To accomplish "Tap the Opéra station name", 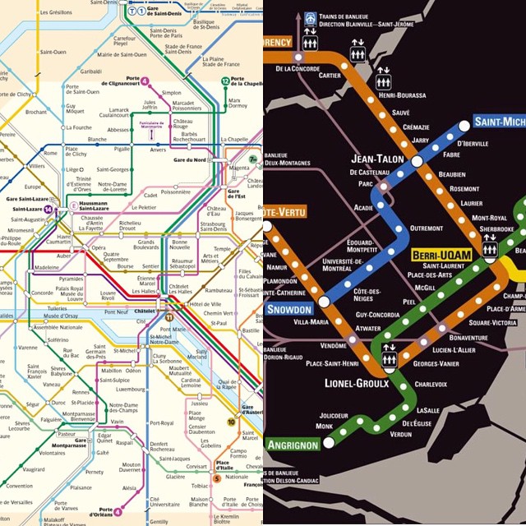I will pyautogui.click(x=98, y=247).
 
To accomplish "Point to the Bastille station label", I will pyautogui.click(x=250, y=330).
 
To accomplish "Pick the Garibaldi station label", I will pyautogui.click(x=69, y=72).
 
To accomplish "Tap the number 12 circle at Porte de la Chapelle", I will pyautogui.click(x=226, y=81).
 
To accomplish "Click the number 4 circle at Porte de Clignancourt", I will pyautogui.click(x=145, y=81).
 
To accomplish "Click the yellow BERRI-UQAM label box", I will pyautogui.click(x=442, y=255).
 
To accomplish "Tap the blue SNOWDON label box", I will pyautogui.click(x=288, y=309).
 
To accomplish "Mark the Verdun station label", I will pyautogui.click(x=400, y=435).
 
